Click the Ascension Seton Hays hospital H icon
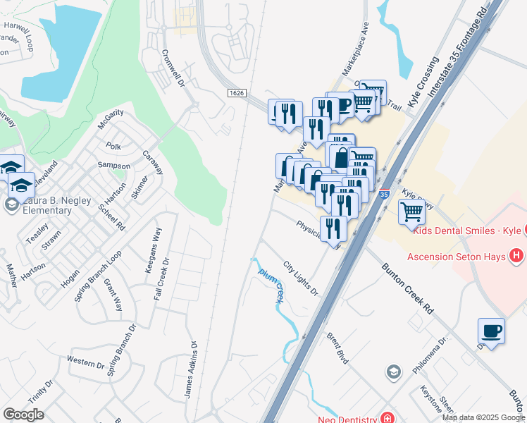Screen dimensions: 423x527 tap(517, 256)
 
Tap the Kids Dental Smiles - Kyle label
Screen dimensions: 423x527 tap(467, 231)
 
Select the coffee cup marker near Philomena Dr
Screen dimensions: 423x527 tap(491, 331)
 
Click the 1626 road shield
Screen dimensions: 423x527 tap(236, 93)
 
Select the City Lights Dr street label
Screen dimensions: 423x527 tap(301, 278)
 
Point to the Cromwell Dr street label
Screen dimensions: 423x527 tap(173, 68)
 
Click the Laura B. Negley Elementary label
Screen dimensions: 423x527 tap(46, 205)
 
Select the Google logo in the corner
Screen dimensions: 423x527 tap(23, 415)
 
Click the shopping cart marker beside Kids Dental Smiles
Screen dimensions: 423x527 tap(411, 211)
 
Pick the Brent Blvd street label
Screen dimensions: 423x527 tap(338, 348)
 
